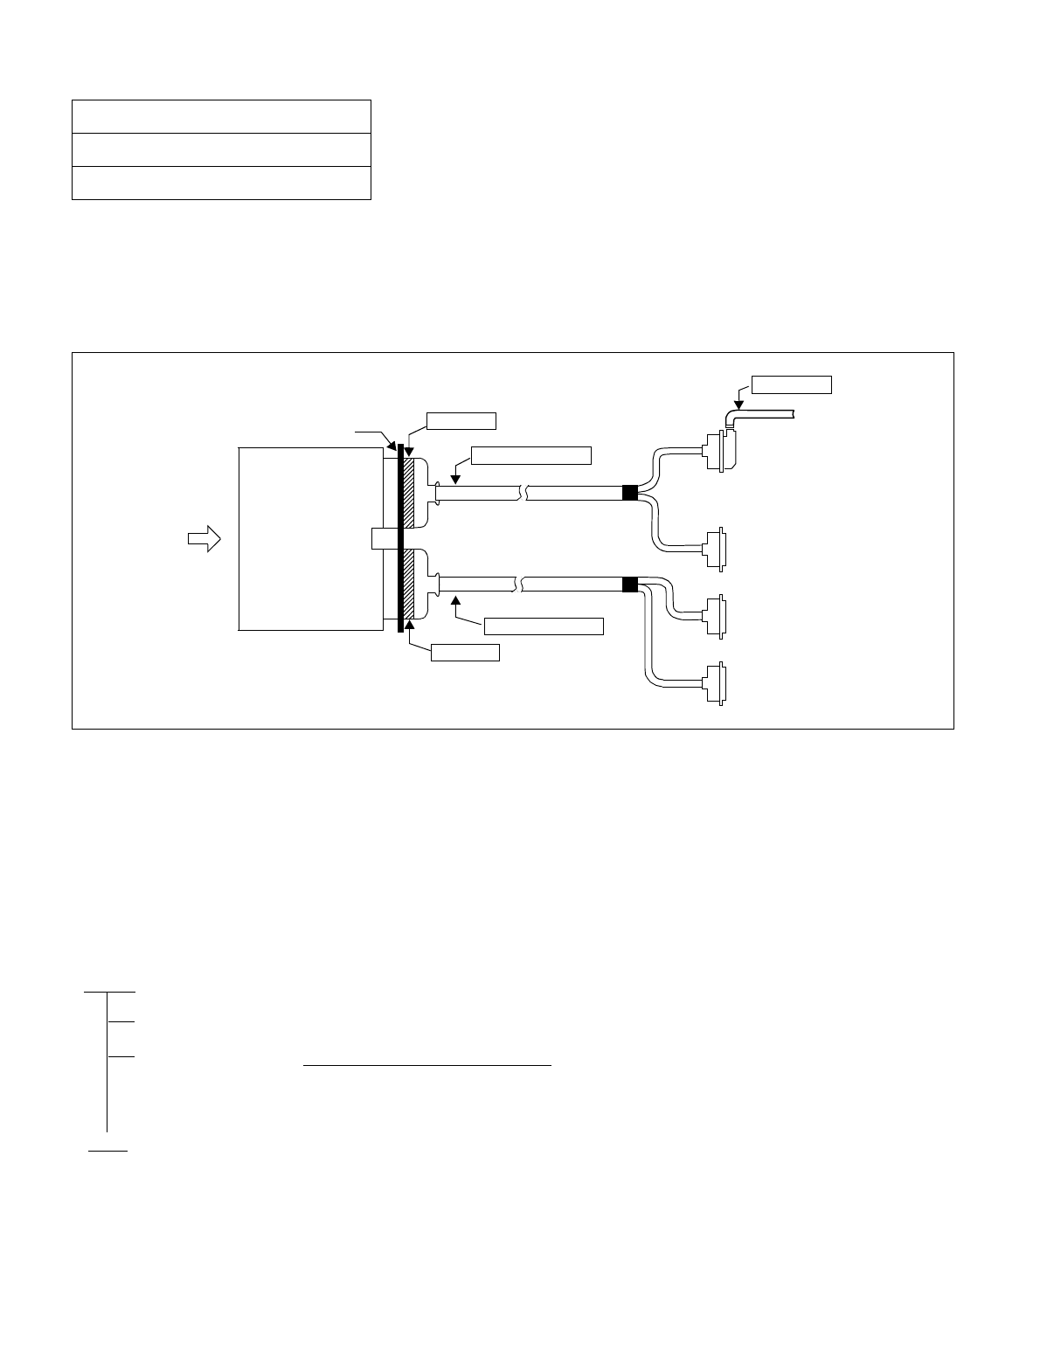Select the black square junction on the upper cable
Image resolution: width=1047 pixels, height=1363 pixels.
629,493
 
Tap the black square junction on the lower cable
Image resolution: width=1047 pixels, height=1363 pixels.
629,585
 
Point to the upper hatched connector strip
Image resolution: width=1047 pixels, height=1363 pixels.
408,492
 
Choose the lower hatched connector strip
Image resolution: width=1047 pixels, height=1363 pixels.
408,585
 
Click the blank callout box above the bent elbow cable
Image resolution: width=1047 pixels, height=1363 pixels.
793,384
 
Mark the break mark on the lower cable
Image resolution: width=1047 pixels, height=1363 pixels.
523,585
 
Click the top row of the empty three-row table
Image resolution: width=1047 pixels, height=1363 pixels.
221,116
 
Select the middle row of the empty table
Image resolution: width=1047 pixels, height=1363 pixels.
221,149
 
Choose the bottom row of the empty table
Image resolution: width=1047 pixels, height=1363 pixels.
221,183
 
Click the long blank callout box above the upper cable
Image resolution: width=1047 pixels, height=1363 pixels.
530,455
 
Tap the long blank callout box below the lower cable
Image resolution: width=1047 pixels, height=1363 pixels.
544,626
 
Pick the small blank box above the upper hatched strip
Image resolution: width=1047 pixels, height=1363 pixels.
462,420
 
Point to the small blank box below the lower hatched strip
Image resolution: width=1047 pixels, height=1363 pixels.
466,652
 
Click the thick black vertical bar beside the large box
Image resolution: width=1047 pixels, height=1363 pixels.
400,538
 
